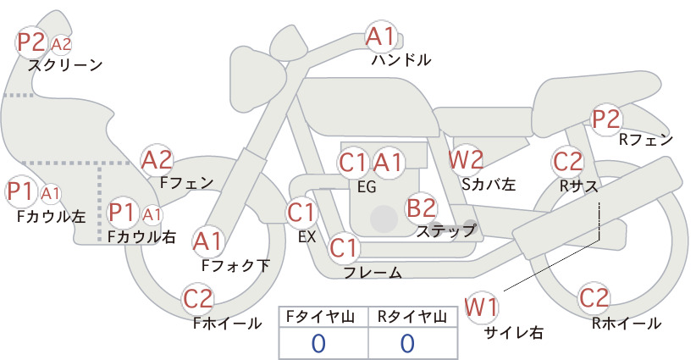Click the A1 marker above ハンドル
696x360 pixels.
pos(381,36)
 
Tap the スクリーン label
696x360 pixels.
pos(65,65)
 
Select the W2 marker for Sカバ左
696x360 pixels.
pos(466,160)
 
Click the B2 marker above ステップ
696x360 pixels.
pos(421,208)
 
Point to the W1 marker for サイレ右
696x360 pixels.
pos(482,307)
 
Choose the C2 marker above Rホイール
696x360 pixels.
pos(594,298)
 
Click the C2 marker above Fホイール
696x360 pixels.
pos(198,299)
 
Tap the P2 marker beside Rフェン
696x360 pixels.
pos(606,119)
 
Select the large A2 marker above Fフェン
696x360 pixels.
pos(157,161)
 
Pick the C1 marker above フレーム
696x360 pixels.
pos(344,247)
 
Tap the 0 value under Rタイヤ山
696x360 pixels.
pos(408,343)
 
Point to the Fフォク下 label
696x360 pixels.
pos(235,265)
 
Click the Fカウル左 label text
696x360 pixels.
pos(51,217)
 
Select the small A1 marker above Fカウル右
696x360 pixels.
pos(152,215)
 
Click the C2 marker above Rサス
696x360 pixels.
pos(567,162)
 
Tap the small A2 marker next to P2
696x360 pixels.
pos(61,44)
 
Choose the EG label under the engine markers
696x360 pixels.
pos(367,187)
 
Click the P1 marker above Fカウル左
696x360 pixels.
pos(20,191)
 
